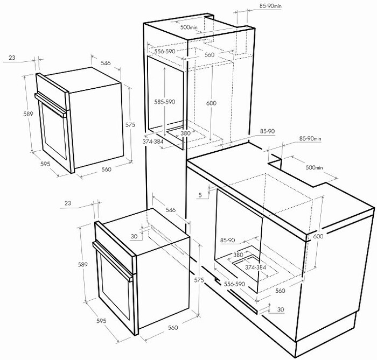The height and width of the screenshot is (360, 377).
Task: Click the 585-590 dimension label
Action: (165, 102)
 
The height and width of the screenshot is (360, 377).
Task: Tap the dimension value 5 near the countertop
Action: (200, 195)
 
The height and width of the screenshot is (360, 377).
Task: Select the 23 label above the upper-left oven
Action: (12, 58)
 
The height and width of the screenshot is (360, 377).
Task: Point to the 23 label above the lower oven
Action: (68, 203)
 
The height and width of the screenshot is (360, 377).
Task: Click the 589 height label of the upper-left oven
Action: (28, 114)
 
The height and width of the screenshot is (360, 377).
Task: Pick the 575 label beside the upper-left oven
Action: (130, 125)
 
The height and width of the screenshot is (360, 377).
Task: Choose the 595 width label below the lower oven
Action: (101, 321)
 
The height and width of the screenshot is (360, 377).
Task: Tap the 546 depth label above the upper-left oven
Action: (106, 63)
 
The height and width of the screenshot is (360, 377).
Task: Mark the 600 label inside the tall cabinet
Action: (211, 103)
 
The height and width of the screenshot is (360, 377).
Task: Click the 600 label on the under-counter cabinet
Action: (318, 236)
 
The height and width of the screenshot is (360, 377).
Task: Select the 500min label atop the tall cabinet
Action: (189, 27)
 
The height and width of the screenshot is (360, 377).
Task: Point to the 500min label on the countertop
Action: (314, 167)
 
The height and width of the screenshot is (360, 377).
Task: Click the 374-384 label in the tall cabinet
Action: (153, 142)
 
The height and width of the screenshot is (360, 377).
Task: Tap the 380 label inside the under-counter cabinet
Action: (238, 255)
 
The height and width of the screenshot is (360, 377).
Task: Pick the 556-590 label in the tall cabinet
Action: (165, 52)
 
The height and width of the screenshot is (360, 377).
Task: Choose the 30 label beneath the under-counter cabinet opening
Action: (281, 309)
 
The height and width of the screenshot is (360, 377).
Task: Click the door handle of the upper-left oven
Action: (51, 105)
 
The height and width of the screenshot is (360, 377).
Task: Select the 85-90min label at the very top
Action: (270, 6)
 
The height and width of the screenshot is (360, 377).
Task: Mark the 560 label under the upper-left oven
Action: (106, 170)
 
